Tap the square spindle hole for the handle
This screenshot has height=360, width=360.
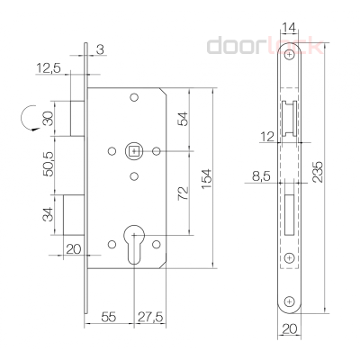(x=133, y=150)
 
